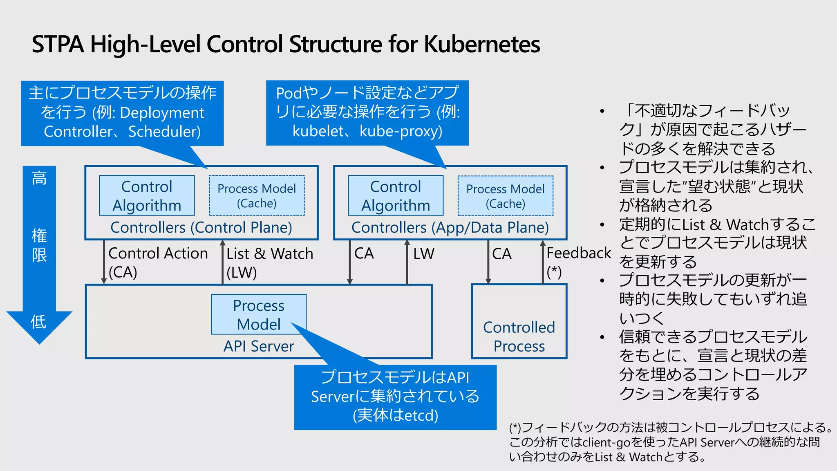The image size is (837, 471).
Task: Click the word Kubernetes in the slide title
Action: point(482,44)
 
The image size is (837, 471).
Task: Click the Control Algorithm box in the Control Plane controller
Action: point(147,196)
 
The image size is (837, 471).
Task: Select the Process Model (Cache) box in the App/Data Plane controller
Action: point(505,196)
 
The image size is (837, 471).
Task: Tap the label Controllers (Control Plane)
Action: point(201,228)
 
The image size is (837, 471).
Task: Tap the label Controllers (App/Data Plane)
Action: point(450,228)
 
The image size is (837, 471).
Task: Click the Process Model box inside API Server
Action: point(259,314)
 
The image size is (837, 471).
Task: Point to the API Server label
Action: point(259,346)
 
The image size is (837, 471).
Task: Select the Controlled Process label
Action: point(519,336)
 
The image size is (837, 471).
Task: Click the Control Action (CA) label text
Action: point(158,262)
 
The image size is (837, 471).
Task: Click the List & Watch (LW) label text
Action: point(269,262)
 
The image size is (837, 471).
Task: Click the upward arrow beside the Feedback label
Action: point(543,262)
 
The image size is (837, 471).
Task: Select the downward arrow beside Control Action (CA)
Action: point(104,262)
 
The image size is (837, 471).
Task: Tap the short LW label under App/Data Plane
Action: point(423,254)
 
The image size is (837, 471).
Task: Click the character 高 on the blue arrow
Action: point(39,178)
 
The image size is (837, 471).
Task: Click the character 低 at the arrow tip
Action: point(39,322)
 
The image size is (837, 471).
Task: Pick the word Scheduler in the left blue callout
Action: point(164,132)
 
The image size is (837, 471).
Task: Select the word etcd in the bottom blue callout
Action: point(421,415)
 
